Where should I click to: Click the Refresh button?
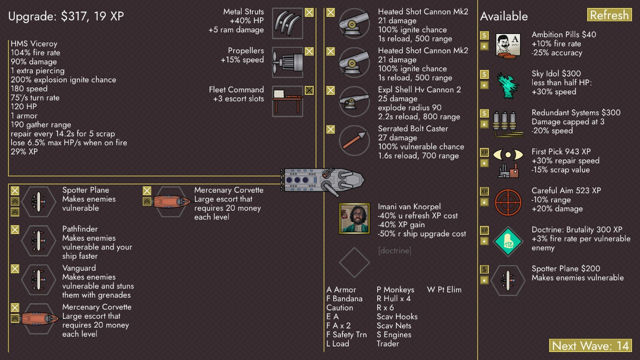pyautogui.click(x=609, y=15)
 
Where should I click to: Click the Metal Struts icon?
pyautogui.click(x=287, y=24)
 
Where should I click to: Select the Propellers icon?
pyautogui.click(x=287, y=62)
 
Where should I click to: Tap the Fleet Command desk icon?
pyautogui.click(x=287, y=101)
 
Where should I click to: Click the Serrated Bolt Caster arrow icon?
pyautogui.click(x=354, y=140)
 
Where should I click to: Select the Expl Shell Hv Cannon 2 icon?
pyautogui.click(x=354, y=102)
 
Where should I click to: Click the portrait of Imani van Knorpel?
pyautogui.click(x=354, y=218)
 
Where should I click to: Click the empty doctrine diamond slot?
pyautogui.click(x=354, y=262)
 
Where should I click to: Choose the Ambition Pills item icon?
pyautogui.click(x=508, y=45)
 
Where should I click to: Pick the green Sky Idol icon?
pyautogui.click(x=508, y=84)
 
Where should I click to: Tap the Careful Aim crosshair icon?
pyautogui.click(x=508, y=202)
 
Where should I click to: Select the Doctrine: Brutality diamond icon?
pyautogui.click(x=508, y=241)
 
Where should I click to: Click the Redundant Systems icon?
pyautogui.click(x=508, y=123)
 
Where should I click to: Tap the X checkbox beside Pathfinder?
pyautogui.click(x=15, y=230)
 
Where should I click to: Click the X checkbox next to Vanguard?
pyautogui.click(x=15, y=269)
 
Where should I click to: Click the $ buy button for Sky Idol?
pyautogui.click(x=484, y=74)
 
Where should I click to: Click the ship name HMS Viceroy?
pyautogui.click(x=34, y=44)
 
